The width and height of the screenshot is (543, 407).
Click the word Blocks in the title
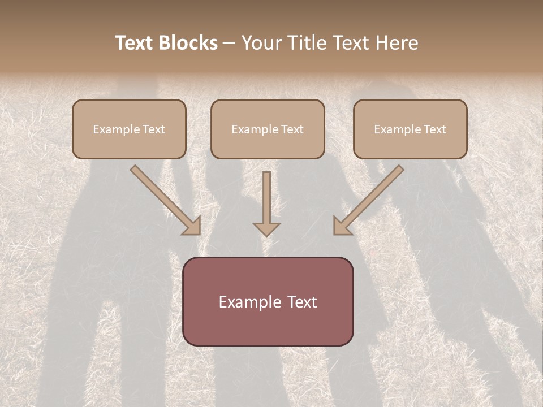click(x=188, y=43)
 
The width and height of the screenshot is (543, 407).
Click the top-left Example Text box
click(x=129, y=129)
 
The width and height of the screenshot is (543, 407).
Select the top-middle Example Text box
click(x=268, y=129)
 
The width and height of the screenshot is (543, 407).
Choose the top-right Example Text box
click(x=410, y=129)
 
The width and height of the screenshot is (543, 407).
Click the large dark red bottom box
click(x=268, y=301)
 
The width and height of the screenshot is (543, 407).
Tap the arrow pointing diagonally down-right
click(x=165, y=200)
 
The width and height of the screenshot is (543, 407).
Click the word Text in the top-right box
click(x=434, y=129)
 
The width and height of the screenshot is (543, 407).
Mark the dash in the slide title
click(x=230, y=43)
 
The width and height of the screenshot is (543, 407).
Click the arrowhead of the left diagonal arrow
click(x=192, y=226)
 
